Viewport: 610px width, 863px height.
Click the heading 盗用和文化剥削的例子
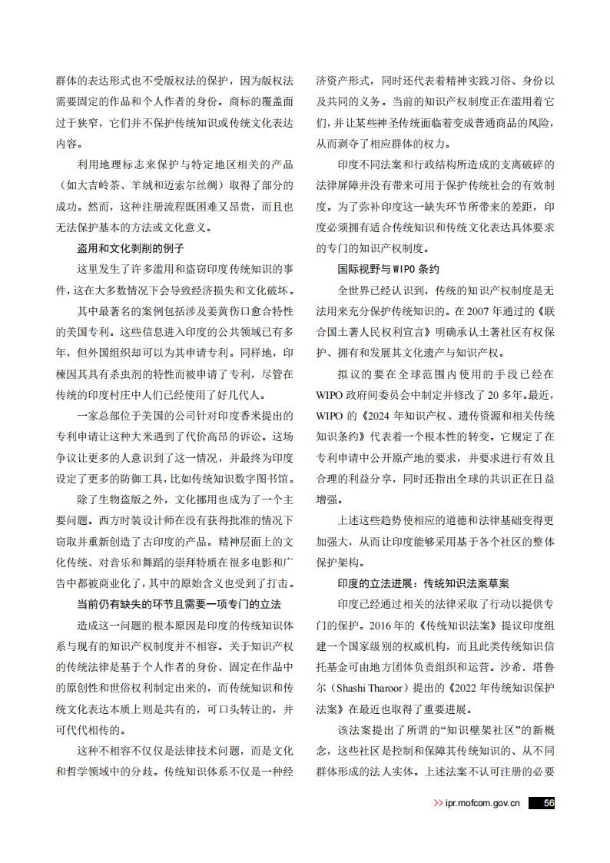click(x=130, y=248)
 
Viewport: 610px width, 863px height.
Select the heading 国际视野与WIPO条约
click(x=389, y=270)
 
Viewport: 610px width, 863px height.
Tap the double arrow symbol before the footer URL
click(x=439, y=803)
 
